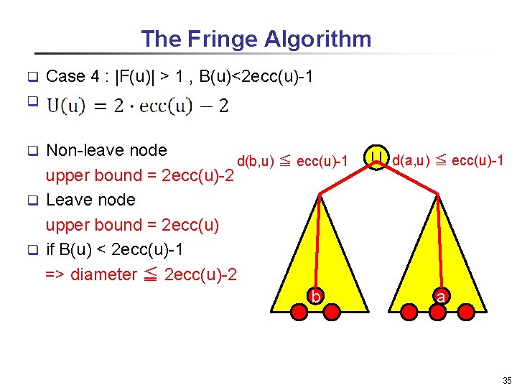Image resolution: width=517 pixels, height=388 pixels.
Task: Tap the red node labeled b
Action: tap(314, 296)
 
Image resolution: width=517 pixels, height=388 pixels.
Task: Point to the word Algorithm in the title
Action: tap(317, 39)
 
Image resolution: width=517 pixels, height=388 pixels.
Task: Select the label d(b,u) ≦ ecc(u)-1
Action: tap(292, 162)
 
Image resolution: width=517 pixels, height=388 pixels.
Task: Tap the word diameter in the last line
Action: tap(103, 274)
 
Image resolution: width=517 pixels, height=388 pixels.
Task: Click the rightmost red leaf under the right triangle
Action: tap(465, 312)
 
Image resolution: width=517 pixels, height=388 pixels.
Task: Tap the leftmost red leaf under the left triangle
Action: tap(298, 312)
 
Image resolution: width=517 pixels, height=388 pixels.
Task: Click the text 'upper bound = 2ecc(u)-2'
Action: tap(140, 175)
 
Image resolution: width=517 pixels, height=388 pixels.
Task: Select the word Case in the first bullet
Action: tap(65, 76)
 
